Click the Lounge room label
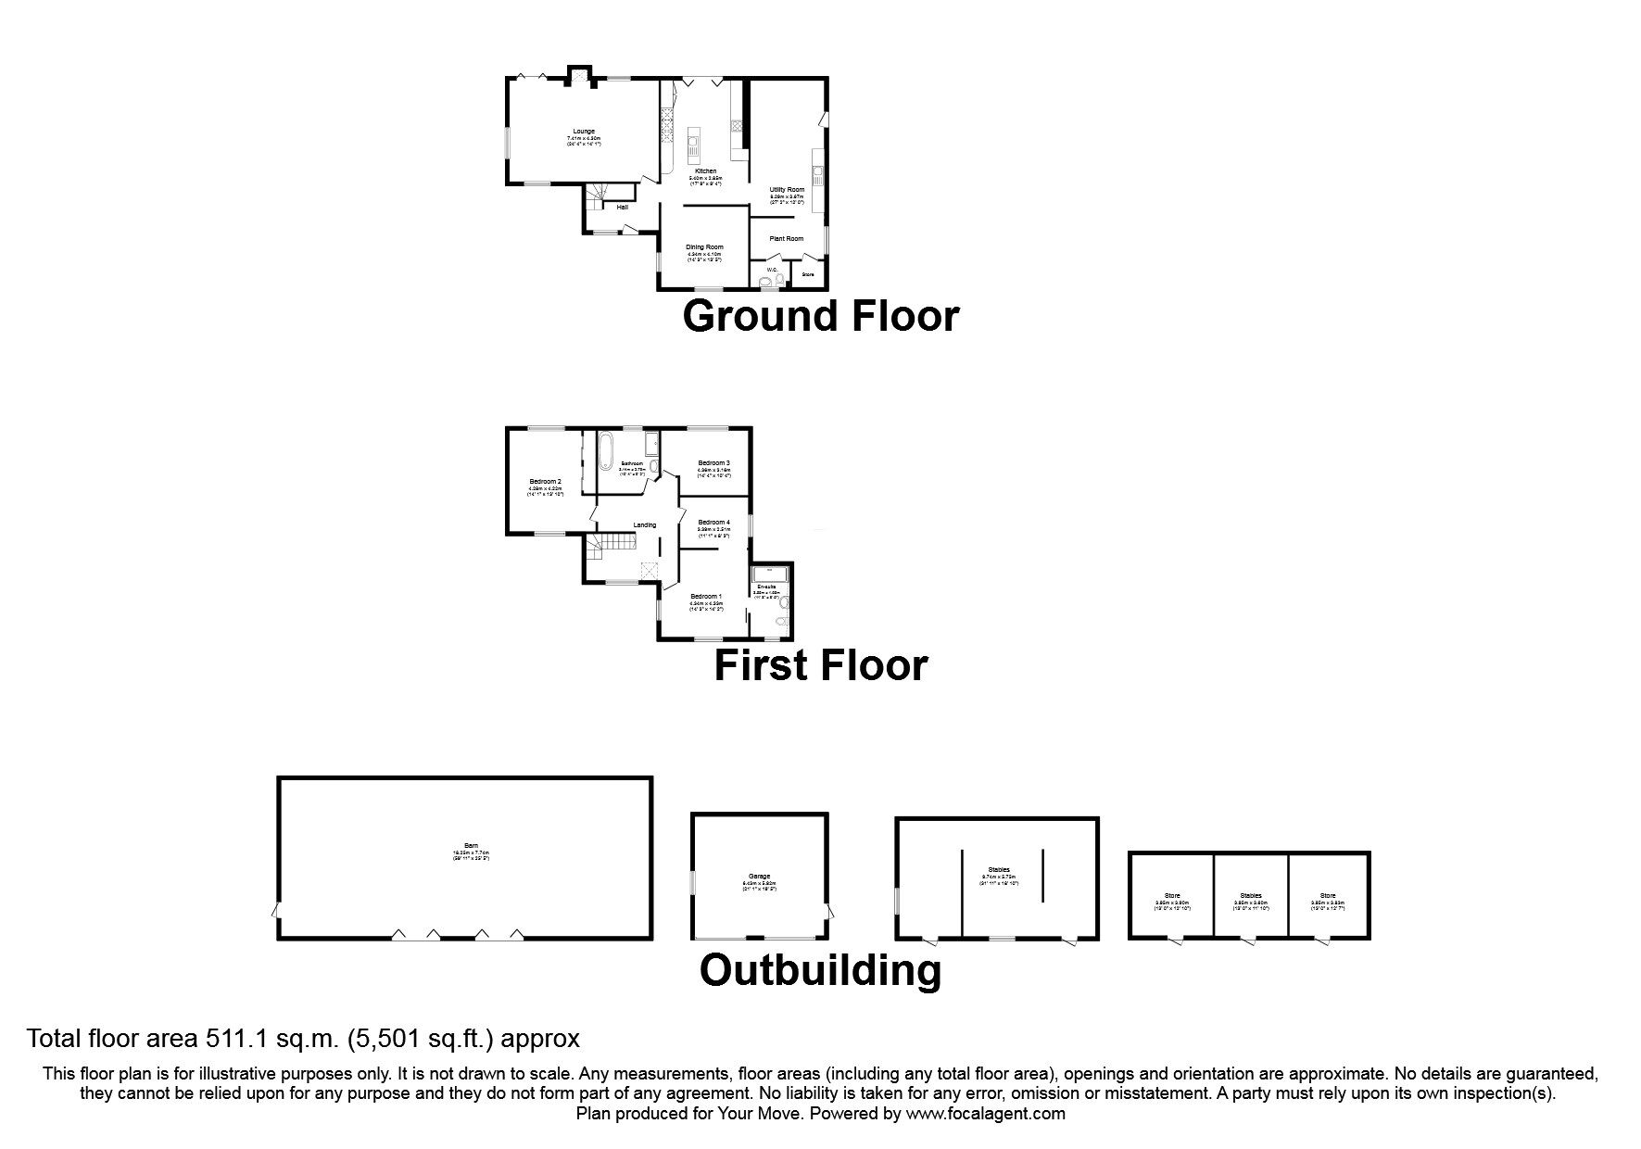pos(584,132)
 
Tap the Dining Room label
pos(704,247)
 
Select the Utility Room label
pos(787,189)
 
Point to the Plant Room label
pos(787,239)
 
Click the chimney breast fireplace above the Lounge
pos(579,76)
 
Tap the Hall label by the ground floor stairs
pos(623,207)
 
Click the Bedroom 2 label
pos(545,482)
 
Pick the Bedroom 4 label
pos(713,523)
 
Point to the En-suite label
pos(766,587)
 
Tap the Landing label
pos(644,525)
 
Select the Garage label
pos(760,877)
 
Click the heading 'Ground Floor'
pos(820,316)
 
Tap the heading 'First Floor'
pos(820,665)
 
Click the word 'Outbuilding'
pos(820,970)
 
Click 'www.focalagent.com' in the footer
pos(985,1114)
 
